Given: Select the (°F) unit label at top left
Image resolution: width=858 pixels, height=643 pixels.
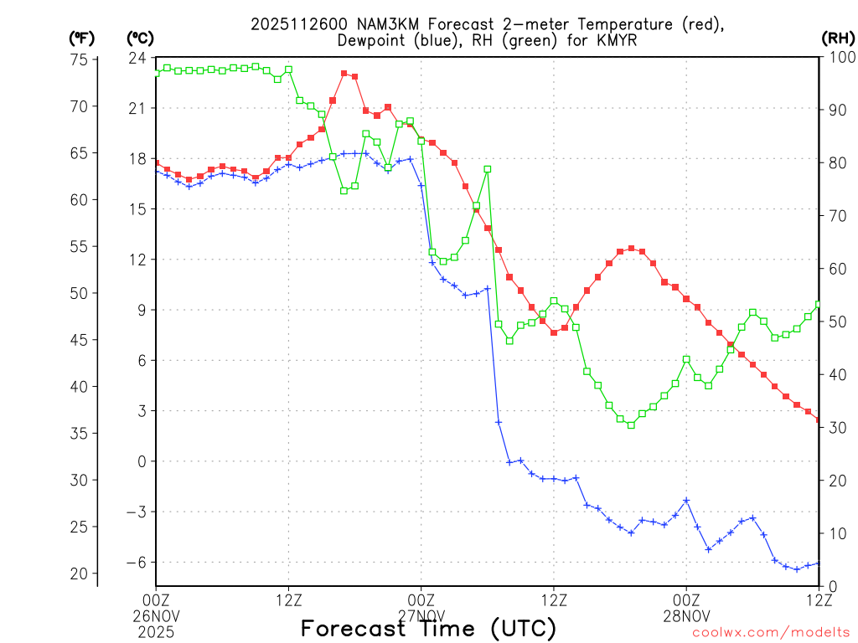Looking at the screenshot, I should point(81,39).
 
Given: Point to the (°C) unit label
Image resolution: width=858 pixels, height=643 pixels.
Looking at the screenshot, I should point(140,39).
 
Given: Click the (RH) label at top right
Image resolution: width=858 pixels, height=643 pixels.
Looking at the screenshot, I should point(838,39).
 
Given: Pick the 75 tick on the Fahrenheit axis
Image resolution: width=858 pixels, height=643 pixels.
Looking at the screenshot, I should point(80,59).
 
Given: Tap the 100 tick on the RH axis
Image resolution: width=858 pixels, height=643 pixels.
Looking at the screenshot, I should point(839,58).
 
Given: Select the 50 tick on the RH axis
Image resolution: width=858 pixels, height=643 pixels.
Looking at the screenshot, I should point(835,322).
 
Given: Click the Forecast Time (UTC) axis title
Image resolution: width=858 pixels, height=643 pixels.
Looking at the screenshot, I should point(428,628).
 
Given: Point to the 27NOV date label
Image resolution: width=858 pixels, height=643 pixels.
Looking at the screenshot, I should point(421,614).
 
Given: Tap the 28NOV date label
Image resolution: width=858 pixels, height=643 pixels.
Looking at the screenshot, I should point(686,614).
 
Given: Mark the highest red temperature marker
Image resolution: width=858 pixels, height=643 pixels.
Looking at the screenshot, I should point(344,74).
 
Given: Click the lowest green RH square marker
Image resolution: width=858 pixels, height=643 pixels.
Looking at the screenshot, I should point(631,424).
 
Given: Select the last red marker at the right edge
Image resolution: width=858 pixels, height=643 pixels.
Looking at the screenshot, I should point(818,420).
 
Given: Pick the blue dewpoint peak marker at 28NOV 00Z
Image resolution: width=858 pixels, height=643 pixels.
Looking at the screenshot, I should point(686,501).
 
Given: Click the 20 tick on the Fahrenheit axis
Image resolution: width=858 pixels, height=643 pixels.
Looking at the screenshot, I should point(80,574).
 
